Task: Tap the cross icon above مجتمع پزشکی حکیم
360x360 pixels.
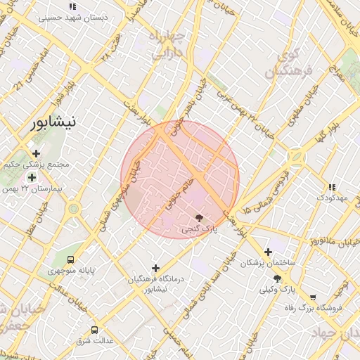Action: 37,153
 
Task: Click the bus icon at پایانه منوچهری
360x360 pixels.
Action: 69,259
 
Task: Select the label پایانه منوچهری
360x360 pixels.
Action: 70,271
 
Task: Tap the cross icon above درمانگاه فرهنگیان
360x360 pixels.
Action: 155,267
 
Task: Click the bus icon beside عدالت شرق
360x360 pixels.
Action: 95,330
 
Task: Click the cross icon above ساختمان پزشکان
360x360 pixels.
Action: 268,252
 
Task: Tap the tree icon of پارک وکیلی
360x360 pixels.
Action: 277,279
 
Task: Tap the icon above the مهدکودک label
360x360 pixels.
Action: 331,187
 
